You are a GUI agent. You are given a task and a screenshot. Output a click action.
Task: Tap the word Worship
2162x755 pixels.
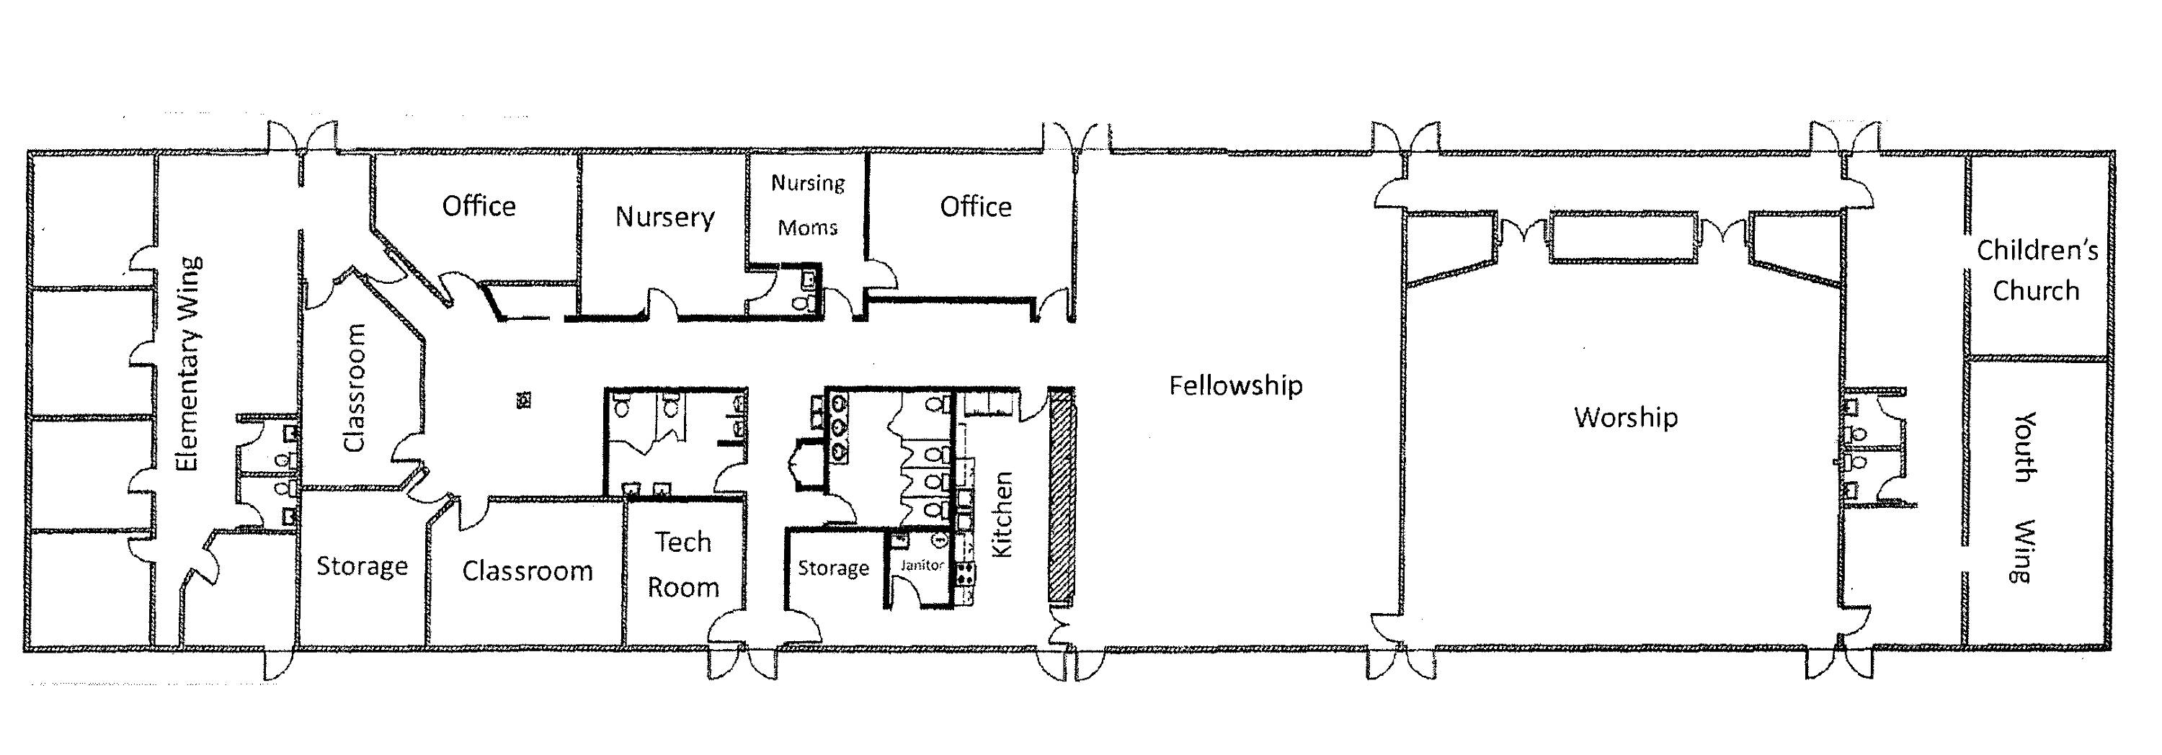(1626, 417)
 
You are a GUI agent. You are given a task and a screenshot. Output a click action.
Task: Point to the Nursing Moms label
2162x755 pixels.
(807, 205)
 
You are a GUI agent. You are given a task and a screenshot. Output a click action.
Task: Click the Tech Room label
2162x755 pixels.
(683, 564)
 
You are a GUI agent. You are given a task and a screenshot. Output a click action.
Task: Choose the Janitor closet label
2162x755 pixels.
(922, 565)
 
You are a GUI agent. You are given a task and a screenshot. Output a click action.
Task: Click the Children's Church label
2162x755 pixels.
(2037, 270)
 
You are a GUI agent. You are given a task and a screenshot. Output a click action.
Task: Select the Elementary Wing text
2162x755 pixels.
(188, 364)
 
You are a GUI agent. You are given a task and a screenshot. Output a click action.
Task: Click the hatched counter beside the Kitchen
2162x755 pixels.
(1062, 495)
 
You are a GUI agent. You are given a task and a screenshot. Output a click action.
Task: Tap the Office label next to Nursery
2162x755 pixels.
(479, 205)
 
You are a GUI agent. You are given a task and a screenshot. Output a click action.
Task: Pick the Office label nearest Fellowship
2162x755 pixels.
(975, 206)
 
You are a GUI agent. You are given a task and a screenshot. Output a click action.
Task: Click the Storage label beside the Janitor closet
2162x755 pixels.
(832, 568)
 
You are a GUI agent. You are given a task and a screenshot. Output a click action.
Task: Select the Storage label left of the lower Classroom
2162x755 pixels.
(362, 566)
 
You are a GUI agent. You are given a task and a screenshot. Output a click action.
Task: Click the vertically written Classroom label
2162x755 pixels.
(355, 388)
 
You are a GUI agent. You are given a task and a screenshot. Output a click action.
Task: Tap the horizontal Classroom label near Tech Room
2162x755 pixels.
(527, 571)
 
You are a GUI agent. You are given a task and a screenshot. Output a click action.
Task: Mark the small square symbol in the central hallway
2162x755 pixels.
(525, 398)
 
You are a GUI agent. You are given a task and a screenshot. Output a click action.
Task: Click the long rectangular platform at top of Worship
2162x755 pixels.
(1624, 238)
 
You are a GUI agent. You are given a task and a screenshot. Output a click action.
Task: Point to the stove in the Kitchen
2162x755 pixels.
(965, 573)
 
